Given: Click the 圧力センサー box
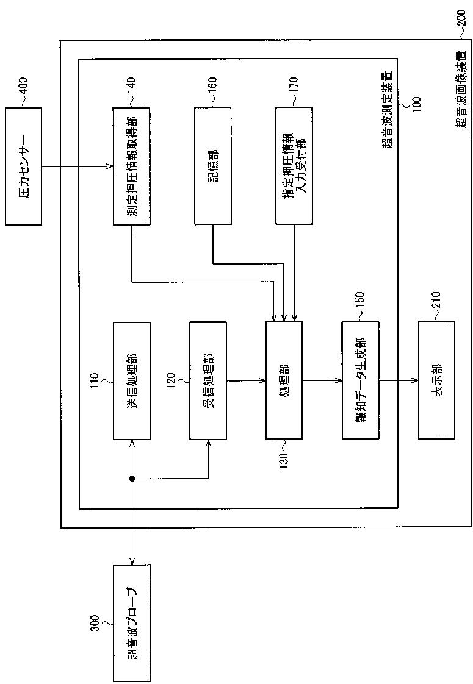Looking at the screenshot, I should point(24,166).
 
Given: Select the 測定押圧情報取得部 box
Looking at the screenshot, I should point(131,166).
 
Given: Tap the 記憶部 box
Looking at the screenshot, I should point(213,166).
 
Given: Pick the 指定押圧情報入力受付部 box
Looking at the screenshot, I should point(294,166).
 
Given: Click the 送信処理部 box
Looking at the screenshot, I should point(131,381).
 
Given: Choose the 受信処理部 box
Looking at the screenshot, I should point(208,381).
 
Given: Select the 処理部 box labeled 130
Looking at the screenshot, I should point(284,381).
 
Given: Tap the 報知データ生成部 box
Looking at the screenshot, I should point(360,381).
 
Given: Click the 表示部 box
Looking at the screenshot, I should point(436,381).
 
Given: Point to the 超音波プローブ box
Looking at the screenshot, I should point(131,623).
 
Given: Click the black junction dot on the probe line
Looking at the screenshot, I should point(132,479).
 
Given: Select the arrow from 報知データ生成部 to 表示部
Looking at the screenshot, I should point(398,381).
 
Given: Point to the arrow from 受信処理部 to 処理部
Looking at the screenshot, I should point(246,381).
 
